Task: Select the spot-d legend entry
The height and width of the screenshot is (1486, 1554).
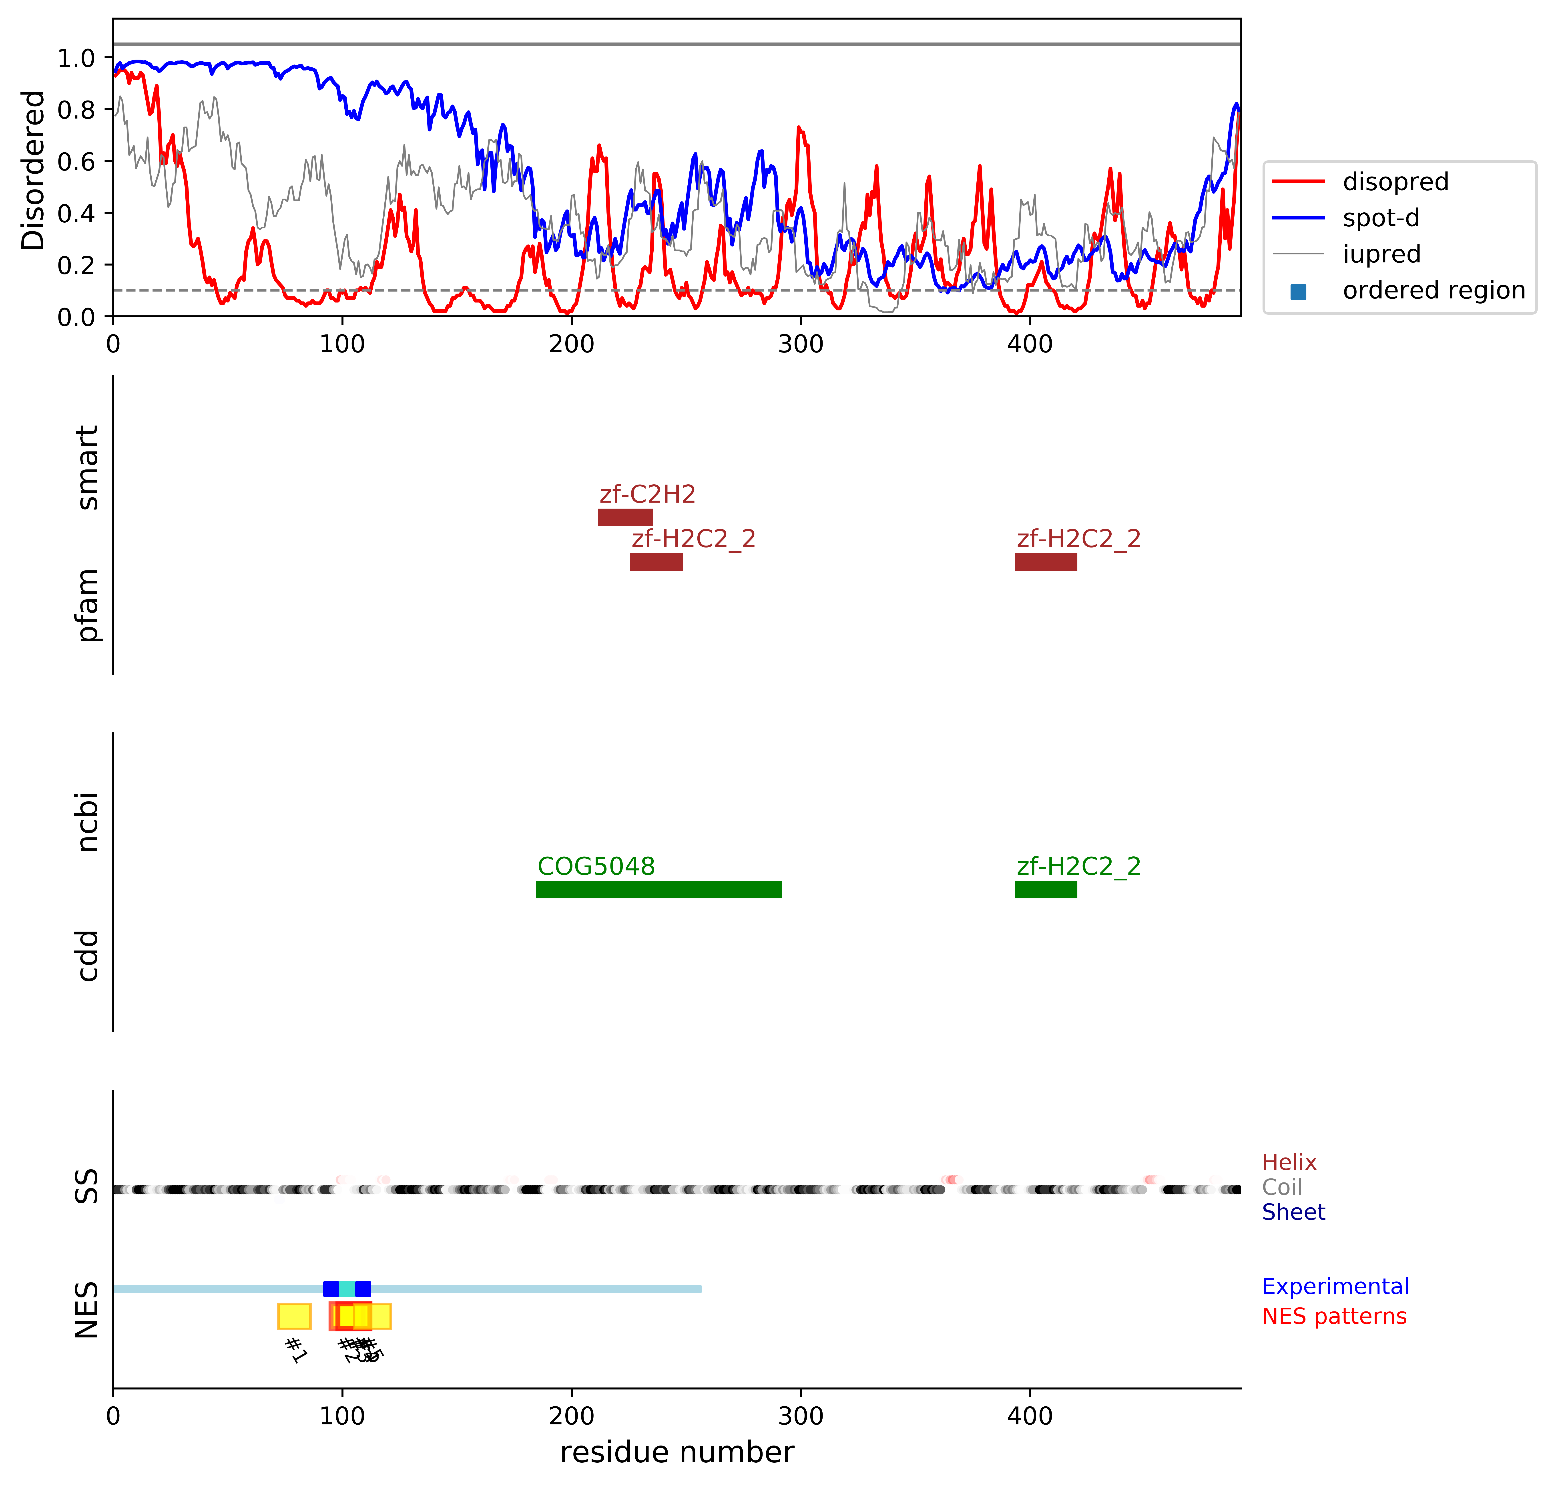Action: (x=1381, y=218)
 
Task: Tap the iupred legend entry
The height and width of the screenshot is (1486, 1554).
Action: (x=1381, y=254)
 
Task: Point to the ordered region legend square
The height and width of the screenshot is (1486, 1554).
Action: (x=1298, y=292)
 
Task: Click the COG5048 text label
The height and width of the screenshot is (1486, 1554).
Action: (x=596, y=866)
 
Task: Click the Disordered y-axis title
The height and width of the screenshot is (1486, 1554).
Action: (x=33, y=170)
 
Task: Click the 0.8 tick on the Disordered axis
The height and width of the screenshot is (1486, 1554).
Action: (x=76, y=109)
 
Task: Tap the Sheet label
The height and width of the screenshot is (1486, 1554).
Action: (x=1293, y=1212)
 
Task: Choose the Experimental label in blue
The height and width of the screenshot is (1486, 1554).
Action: (x=1335, y=1286)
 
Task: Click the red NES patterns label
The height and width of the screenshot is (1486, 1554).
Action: (x=1334, y=1317)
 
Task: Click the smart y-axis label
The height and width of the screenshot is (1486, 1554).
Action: (x=87, y=467)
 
